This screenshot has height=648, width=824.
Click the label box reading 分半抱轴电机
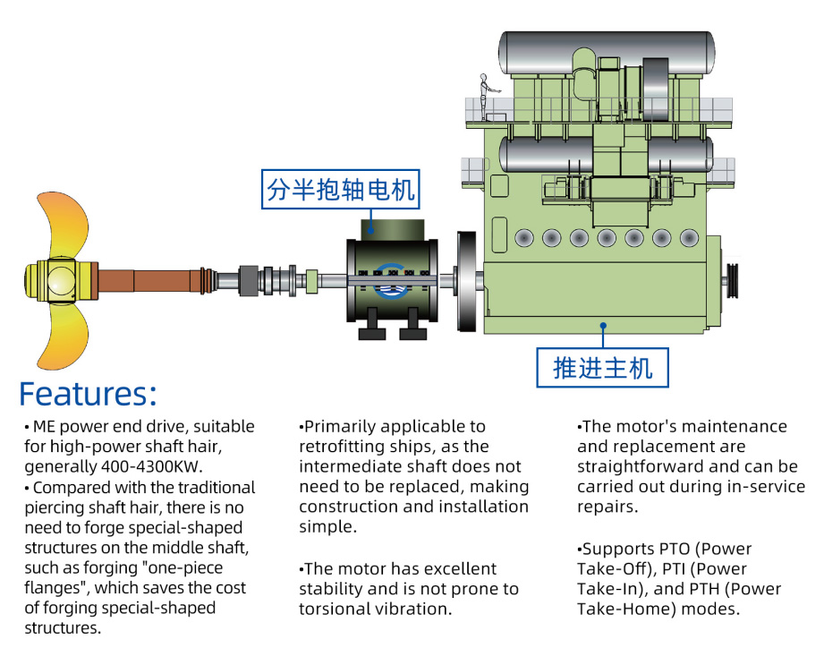coord(341,190)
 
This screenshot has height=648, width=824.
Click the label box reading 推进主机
coord(602,367)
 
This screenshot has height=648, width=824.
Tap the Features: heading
coord(88,394)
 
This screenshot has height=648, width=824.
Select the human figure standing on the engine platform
coord(484,95)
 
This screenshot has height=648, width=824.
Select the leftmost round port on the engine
coord(524,238)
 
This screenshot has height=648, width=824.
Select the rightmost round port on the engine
coord(689,238)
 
